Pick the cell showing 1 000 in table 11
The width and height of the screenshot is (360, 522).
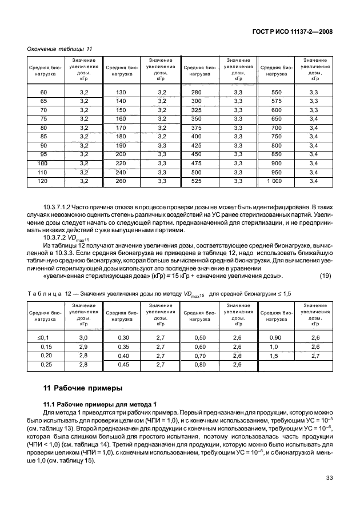coord(275,181)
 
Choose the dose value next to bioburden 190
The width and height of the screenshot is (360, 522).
coord(161,146)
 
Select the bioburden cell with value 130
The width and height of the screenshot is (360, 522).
coord(120,93)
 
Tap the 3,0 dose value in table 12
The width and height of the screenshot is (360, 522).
coord(83,338)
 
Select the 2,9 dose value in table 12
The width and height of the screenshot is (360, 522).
coord(83,346)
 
